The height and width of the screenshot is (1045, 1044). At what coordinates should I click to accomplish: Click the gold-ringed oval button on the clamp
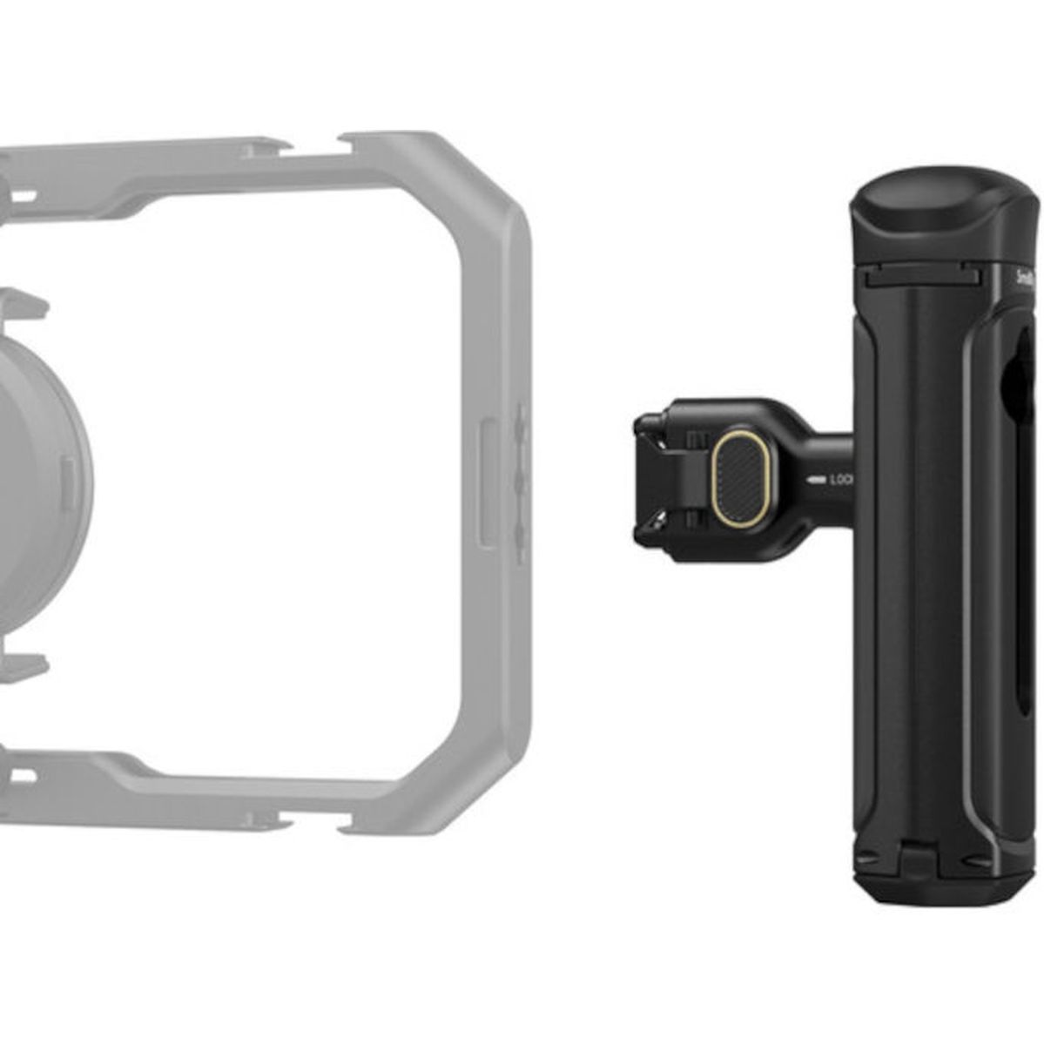(x=740, y=478)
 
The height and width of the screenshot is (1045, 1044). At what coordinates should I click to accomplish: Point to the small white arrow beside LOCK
(x=816, y=479)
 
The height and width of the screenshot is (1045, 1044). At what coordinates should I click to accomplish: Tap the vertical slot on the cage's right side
(x=488, y=483)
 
